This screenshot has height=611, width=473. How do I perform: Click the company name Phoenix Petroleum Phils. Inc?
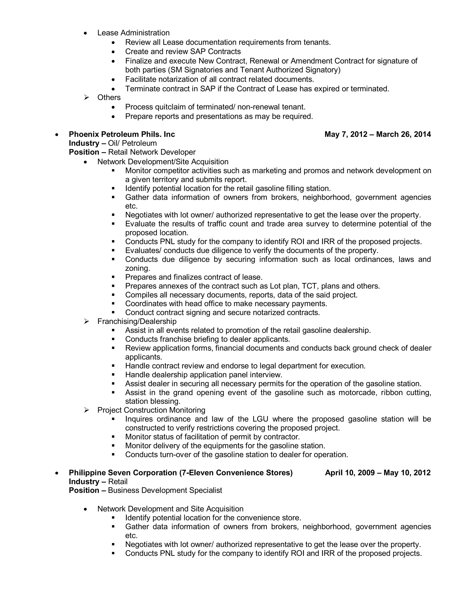pyautogui.click(x=122, y=134)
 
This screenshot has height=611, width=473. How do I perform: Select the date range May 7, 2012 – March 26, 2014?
pyautogui.click(x=377, y=134)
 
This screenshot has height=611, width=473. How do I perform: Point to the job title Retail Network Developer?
pyautogui.click(x=152, y=152)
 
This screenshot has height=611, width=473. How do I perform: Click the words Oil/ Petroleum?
pyautogui.click(x=132, y=143)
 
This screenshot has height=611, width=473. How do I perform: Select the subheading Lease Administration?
pyautogui.click(x=133, y=33)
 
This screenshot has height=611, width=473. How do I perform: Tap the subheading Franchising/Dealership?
pyautogui.click(x=137, y=321)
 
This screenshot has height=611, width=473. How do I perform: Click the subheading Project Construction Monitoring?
pyautogui.click(x=151, y=410)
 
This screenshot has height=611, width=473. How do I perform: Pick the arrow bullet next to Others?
pyautogui.click(x=86, y=97)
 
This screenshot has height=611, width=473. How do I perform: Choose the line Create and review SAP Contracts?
pyautogui.click(x=183, y=51)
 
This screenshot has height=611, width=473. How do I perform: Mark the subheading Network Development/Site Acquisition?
pyautogui.click(x=163, y=162)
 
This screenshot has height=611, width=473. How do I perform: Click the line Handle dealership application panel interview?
pyautogui.click(x=203, y=375)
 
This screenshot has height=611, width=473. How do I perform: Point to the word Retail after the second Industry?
pyautogui.click(x=118, y=481)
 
